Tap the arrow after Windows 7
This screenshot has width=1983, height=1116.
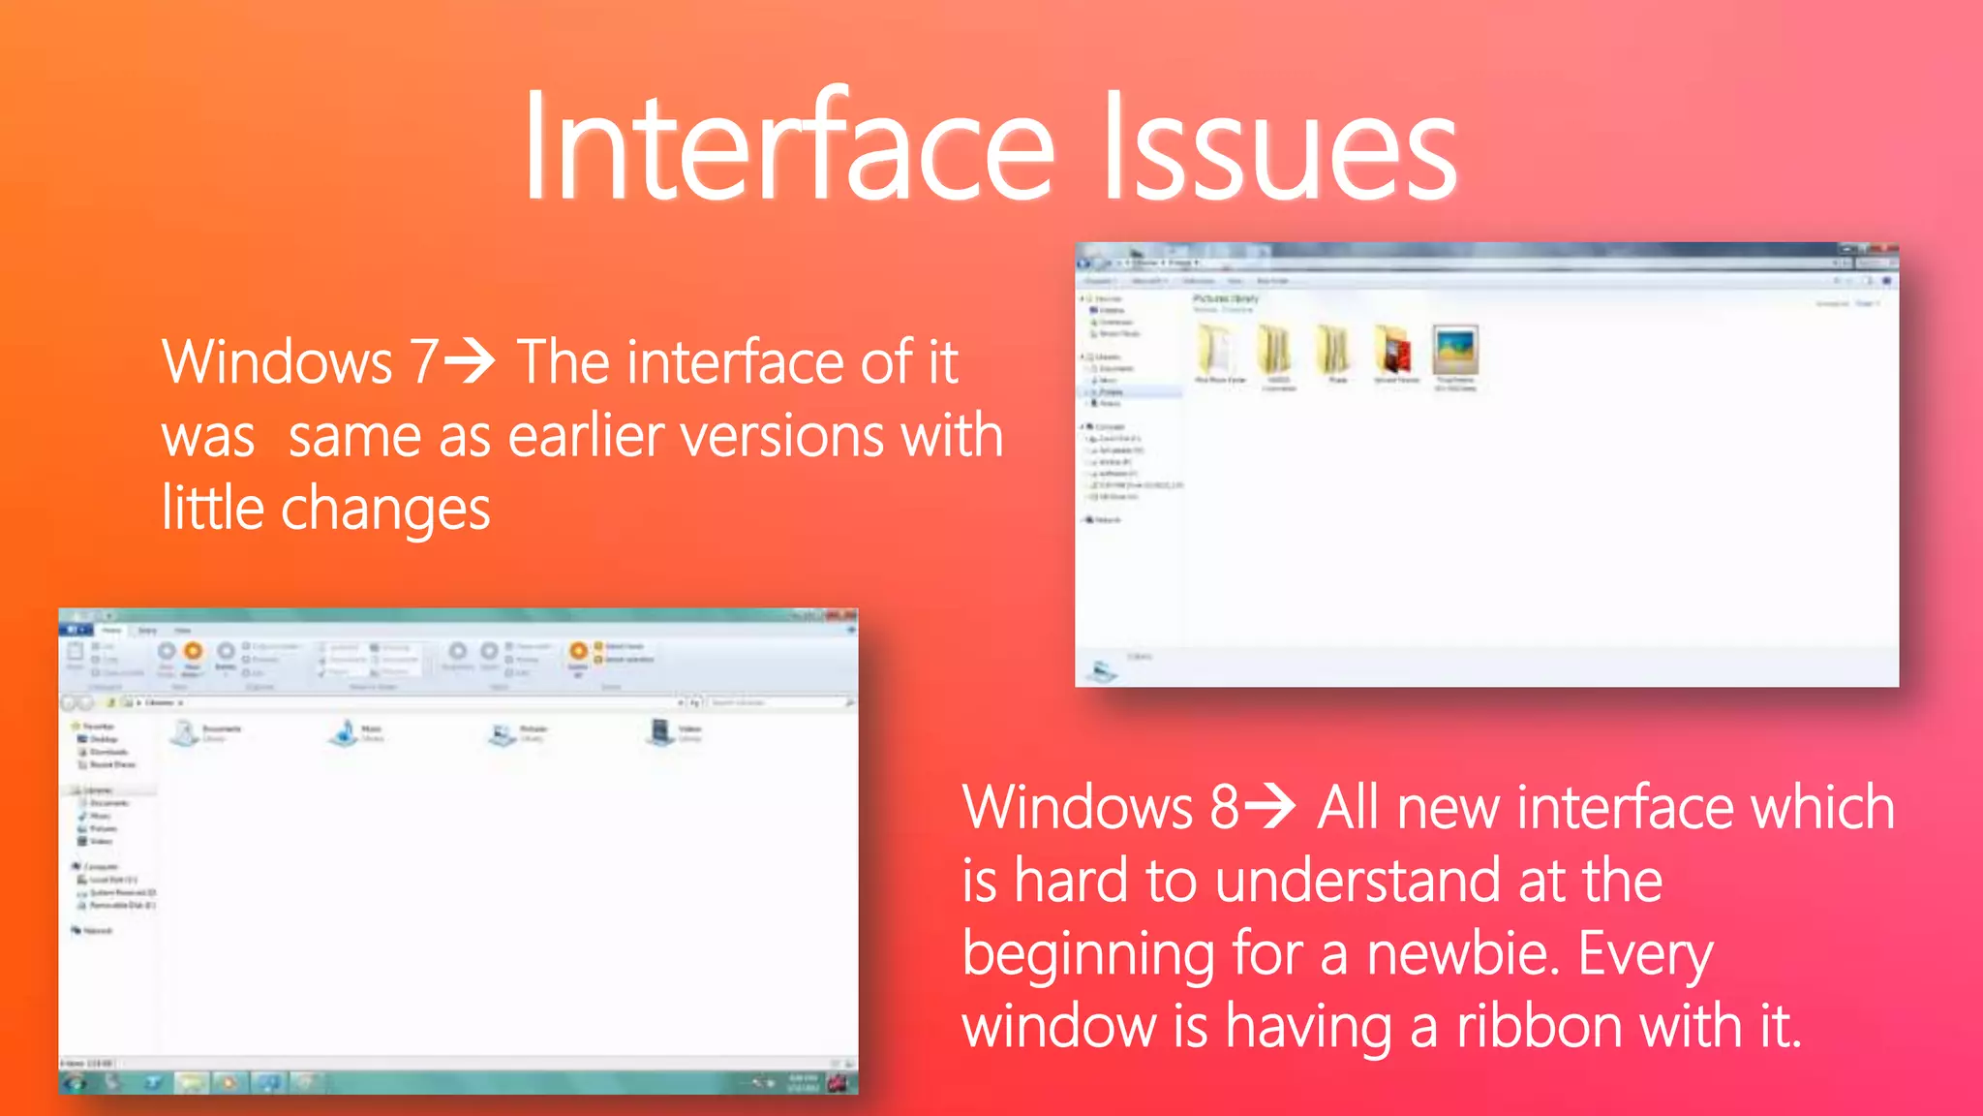point(471,361)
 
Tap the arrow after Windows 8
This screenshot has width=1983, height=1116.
point(1269,806)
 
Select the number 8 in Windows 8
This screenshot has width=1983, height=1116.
point(1224,807)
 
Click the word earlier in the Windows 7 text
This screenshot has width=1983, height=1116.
point(585,436)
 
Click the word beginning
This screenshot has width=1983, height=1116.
point(1088,955)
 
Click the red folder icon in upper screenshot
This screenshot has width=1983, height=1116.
point(1394,350)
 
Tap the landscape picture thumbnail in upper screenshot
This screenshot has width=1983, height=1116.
point(1455,350)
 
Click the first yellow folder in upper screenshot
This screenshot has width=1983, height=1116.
point(1216,350)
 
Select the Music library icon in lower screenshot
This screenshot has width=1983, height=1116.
point(344,732)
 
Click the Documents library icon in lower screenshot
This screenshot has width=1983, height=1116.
point(184,732)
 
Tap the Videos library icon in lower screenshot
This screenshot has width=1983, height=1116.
point(660,732)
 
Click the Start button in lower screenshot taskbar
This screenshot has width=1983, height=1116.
point(75,1082)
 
